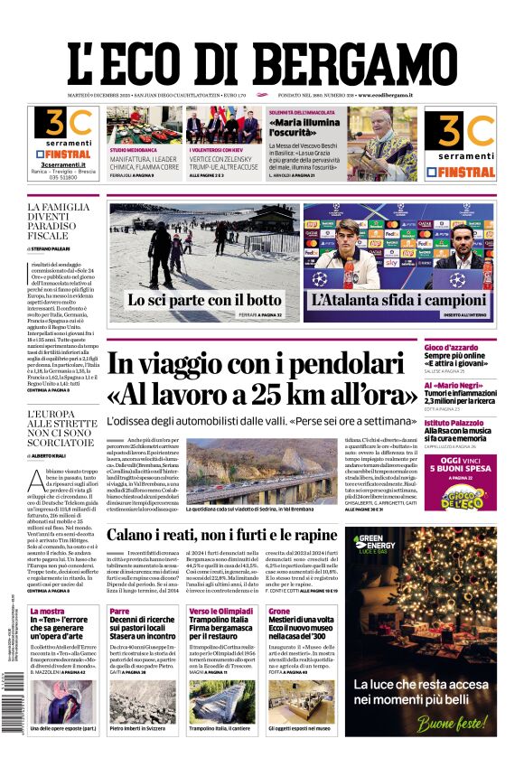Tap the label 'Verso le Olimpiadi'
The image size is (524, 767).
point(221,612)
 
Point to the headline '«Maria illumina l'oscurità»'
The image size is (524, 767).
point(305,124)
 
